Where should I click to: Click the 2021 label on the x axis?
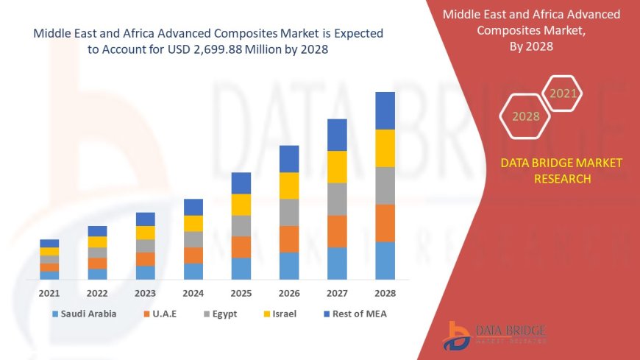coord(49,293)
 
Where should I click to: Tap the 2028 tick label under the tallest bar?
coord(385,293)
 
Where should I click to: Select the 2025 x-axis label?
coord(241,293)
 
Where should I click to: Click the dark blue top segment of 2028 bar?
coord(385,110)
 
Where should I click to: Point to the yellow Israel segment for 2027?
coord(337,166)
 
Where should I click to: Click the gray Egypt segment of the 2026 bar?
coord(289,212)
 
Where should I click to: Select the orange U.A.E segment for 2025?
coord(241,247)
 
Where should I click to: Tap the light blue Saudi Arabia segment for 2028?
coord(385,261)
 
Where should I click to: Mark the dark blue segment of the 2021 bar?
coord(49,243)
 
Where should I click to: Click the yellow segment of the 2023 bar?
coord(146,233)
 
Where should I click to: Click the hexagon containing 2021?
coord(563,93)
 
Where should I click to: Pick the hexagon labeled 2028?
coord(525,116)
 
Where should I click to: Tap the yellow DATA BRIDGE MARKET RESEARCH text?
coord(561,171)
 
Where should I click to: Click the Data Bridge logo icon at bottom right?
coord(458,336)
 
